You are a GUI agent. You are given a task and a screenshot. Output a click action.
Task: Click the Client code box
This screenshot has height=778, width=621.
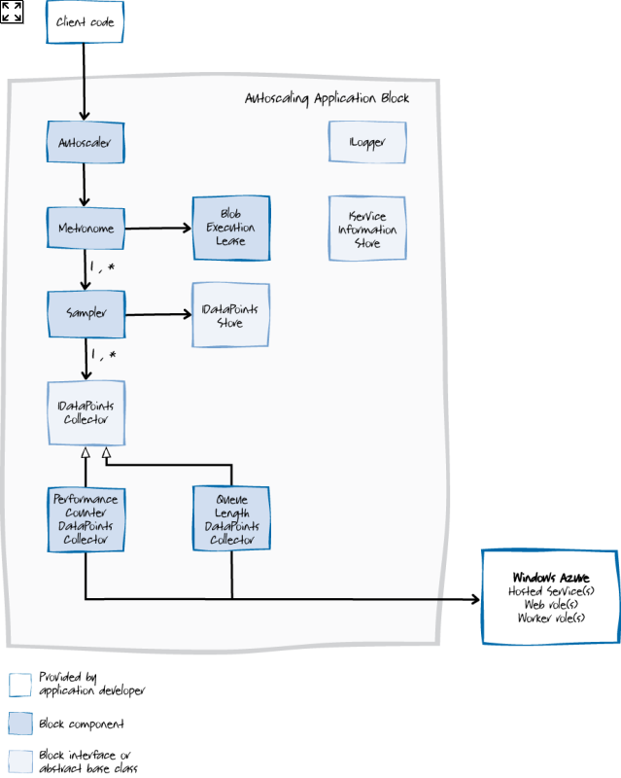(86, 21)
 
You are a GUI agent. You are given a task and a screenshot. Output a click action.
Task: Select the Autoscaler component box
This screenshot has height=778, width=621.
(86, 142)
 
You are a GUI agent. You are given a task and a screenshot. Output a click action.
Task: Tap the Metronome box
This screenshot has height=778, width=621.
(86, 229)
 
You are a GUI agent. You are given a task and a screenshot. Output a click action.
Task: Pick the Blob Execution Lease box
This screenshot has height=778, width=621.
(230, 229)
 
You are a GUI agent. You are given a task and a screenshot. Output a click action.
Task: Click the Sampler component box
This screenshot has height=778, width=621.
(86, 313)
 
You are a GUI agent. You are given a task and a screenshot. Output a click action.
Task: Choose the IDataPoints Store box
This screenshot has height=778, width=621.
(229, 315)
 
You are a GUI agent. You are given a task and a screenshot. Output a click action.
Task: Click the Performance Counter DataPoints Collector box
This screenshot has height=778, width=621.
(86, 517)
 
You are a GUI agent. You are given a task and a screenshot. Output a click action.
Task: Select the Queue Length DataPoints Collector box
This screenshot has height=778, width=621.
(230, 517)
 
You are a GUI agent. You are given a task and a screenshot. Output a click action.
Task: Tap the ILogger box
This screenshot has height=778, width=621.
(367, 142)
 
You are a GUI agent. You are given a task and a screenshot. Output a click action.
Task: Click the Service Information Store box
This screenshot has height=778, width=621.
(367, 229)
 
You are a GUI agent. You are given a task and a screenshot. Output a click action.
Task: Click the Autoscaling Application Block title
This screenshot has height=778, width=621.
(327, 98)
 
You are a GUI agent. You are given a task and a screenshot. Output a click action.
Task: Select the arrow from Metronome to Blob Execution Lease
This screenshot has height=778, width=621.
(157, 229)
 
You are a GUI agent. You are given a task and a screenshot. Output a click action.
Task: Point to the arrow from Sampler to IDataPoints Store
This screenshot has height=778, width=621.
(157, 314)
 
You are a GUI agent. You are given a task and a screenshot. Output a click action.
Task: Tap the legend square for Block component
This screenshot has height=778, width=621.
(19, 724)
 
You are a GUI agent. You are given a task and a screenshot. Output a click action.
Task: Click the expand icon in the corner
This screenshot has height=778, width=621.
(12, 12)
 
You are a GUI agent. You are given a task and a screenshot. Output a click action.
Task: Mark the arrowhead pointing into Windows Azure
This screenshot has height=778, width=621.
(476, 599)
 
